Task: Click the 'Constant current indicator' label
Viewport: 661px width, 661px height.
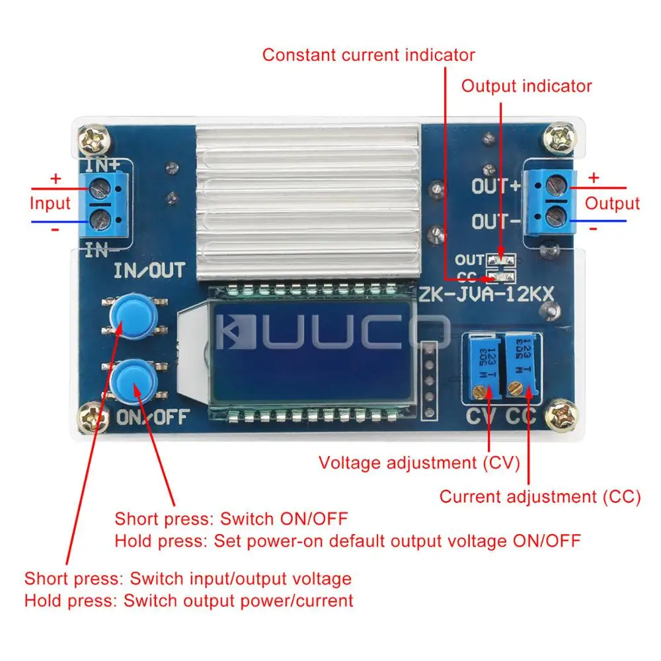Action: pyautogui.click(x=368, y=54)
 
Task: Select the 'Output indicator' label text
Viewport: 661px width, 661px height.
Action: pyautogui.click(x=526, y=86)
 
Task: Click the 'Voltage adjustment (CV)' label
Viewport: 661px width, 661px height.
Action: pyautogui.click(x=420, y=463)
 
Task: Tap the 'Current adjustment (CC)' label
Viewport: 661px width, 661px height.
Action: pyautogui.click(x=540, y=497)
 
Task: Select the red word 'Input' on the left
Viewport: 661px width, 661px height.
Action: pyautogui.click(x=50, y=203)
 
